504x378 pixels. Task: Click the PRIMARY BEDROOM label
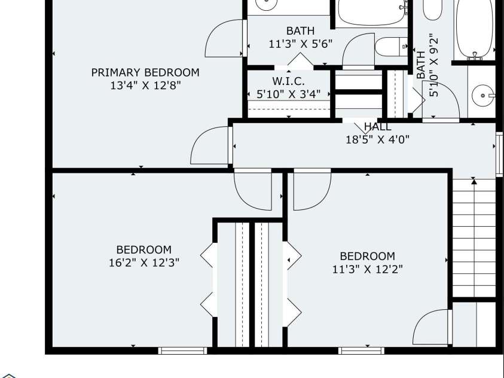pyautogui.click(x=145, y=72)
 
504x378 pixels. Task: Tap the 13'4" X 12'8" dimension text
pyautogui.click(x=145, y=86)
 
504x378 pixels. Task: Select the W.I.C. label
pyautogui.click(x=288, y=81)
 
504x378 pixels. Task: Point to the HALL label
pyautogui.click(x=378, y=127)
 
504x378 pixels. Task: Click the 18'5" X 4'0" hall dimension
pyautogui.click(x=377, y=140)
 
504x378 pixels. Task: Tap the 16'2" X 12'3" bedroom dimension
pyautogui.click(x=143, y=262)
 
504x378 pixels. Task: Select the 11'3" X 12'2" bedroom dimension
pyautogui.click(x=367, y=269)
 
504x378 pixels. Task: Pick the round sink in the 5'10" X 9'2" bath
pyautogui.click(x=483, y=94)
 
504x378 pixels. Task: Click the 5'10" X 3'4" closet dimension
pyautogui.click(x=288, y=94)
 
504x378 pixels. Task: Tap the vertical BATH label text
pyautogui.click(x=421, y=65)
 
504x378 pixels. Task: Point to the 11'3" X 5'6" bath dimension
pyautogui.click(x=300, y=44)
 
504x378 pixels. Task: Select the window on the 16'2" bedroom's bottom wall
pyautogui.click(x=178, y=350)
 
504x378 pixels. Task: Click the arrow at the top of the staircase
pyautogui.click(x=474, y=180)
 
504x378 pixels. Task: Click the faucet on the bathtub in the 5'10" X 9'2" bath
pyautogui.click(x=476, y=56)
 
